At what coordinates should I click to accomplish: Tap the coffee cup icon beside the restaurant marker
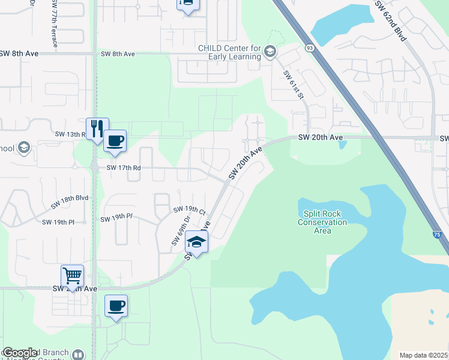pyautogui.click(x=115, y=142)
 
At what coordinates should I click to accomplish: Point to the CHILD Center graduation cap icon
pyautogui.click(x=270, y=53)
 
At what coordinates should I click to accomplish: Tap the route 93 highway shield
pyautogui.click(x=309, y=47)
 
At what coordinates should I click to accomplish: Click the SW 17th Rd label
pyautogui.click(x=124, y=169)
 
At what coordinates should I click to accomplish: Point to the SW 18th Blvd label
pyautogui.click(x=70, y=202)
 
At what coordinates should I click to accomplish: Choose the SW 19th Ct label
pyautogui.click(x=190, y=211)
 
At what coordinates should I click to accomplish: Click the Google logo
pyautogui.click(x=20, y=353)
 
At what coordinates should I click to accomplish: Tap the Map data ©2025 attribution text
pyautogui.click(x=424, y=355)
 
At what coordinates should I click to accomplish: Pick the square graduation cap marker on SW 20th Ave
pyautogui.click(x=196, y=242)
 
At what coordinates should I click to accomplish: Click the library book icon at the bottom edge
pyautogui.click(x=77, y=355)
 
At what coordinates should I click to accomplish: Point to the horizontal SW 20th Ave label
pyautogui.click(x=321, y=137)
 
